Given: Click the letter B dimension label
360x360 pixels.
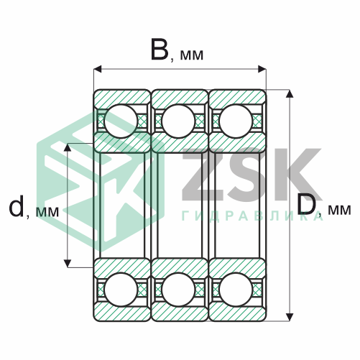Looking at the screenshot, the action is click(160, 50).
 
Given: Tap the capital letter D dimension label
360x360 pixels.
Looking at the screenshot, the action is click(307, 204).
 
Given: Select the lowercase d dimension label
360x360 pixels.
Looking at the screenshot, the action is click(17, 207).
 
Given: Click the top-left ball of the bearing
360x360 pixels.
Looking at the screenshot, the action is click(121, 121).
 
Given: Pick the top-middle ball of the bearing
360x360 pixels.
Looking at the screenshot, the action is click(178, 121).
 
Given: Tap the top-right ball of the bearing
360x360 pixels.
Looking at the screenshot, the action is click(236, 121).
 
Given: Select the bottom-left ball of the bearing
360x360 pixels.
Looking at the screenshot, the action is click(121, 290).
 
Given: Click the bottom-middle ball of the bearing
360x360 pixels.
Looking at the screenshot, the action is click(178, 290).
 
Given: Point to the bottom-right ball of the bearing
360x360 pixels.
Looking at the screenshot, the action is click(236, 290).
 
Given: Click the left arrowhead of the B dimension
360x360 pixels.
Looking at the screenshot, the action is click(98, 69).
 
